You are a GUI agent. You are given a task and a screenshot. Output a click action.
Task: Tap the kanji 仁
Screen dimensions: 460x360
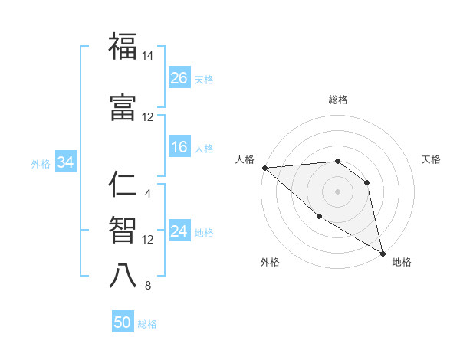123,185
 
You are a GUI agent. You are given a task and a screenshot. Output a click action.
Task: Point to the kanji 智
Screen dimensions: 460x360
123,230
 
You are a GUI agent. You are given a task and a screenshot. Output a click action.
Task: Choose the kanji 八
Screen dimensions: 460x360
123,275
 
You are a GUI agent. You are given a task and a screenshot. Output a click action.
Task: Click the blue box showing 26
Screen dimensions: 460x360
179,78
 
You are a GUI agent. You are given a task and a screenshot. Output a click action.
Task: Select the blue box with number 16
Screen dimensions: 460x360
179,148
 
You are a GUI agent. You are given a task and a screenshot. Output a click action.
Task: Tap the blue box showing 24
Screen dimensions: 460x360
179,232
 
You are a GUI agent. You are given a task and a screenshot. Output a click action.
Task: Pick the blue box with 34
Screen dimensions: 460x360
65,162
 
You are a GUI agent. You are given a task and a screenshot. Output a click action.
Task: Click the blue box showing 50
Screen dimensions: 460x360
123,323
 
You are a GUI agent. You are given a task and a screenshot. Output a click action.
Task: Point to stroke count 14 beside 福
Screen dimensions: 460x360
148,56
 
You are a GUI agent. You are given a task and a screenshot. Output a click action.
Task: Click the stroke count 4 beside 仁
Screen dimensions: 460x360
148,193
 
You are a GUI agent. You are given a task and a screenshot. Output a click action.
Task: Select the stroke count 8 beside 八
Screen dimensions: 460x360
148,286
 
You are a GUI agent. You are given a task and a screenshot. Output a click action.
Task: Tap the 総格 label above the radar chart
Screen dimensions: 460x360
338,100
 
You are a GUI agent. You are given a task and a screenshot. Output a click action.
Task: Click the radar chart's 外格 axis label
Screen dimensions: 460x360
270,262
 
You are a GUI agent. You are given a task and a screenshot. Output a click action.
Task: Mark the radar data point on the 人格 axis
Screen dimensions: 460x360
264,168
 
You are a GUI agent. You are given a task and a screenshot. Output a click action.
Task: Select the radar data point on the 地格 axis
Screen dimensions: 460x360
383,253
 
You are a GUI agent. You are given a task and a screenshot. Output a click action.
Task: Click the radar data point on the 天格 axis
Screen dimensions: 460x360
367,182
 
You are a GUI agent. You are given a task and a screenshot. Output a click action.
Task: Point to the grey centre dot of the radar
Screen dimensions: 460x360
338,191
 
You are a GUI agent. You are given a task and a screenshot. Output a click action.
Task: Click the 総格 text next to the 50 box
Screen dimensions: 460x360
147,324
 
